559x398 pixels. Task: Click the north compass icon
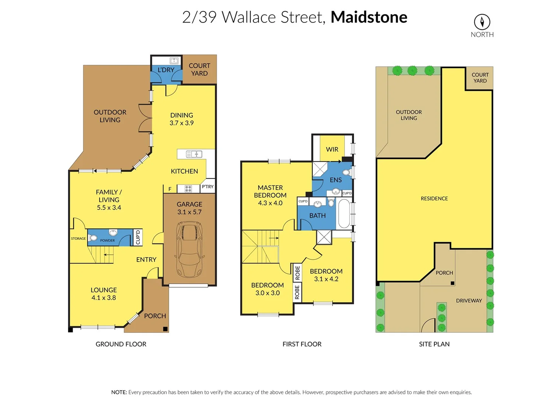coord(482,22)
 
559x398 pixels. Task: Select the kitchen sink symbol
coord(194,154)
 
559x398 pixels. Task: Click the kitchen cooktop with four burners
coord(188,189)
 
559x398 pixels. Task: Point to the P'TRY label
coord(208,187)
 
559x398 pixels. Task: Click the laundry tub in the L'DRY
coord(174,61)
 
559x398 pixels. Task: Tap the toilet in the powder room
coord(93,238)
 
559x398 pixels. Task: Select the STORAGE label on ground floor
coord(78,238)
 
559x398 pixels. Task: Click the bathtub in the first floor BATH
coord(344,214)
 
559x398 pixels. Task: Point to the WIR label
coord(332,149)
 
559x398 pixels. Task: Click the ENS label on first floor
coord(336,180)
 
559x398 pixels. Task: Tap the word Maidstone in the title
coord(369,17)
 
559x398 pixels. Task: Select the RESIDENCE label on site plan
coord(434,199)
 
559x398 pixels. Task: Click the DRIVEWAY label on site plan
coord(469,301)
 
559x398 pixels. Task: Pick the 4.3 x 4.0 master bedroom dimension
coord(270,203)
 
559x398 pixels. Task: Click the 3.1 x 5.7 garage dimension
coord(189,212)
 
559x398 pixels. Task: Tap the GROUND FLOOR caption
coord(121,344)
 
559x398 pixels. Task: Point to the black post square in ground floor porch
coord(165,329)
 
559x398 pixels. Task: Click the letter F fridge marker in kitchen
coord(170,189)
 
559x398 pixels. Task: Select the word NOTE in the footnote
coord(119,392)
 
